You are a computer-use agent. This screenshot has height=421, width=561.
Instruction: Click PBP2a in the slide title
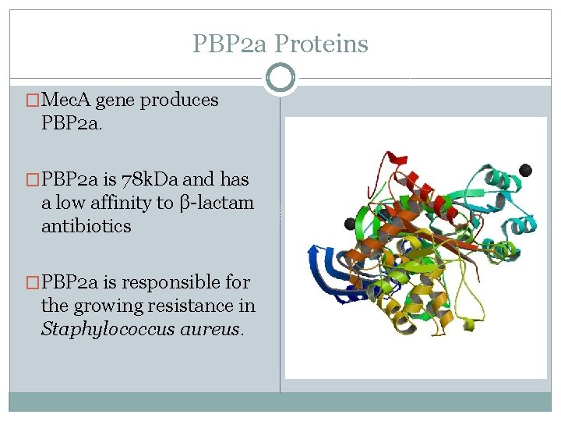[x=231, y=44]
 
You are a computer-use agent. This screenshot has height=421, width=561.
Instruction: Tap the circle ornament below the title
[x=280, y=78]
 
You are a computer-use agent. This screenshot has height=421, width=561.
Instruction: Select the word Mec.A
[x=66, y=100]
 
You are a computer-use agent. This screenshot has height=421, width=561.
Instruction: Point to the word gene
[x=115, y=101]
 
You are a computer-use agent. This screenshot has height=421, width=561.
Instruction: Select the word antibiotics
[x=86, y=226]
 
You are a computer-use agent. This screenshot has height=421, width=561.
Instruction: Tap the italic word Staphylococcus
[x=105, y=329]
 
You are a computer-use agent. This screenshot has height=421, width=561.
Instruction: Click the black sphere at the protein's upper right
[x=525, y=170]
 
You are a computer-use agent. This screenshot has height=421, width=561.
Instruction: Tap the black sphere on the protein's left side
[x=350, y=224]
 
